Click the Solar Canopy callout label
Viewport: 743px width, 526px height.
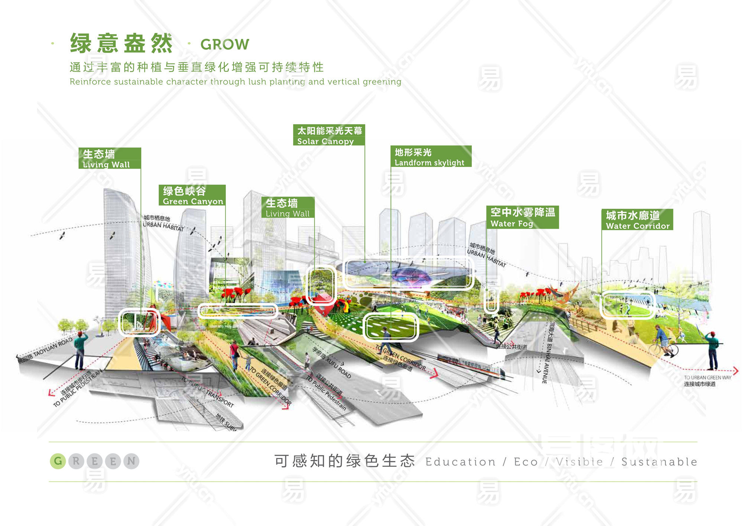(x=329, y=135)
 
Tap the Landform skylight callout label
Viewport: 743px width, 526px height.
(x=431, y=157)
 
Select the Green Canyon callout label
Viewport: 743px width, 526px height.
(x=192, y=195)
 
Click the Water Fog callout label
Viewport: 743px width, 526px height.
(x=522, y=217)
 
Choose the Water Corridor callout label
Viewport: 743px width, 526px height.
(x=637, y=220)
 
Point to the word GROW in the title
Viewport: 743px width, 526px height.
(x=225, y=45)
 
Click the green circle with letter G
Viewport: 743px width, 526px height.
(x=58, y=461)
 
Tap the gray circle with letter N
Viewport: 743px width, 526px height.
(x=131, y=461)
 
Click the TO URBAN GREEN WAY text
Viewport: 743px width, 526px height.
(x=707, y=378)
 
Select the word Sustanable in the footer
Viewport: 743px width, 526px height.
(x=659, y=462)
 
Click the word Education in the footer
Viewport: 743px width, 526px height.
(x=460, y=462)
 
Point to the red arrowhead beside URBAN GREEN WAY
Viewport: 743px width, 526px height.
(x=736, y=371)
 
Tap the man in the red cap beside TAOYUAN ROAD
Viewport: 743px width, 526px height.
(x=80, y=350)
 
